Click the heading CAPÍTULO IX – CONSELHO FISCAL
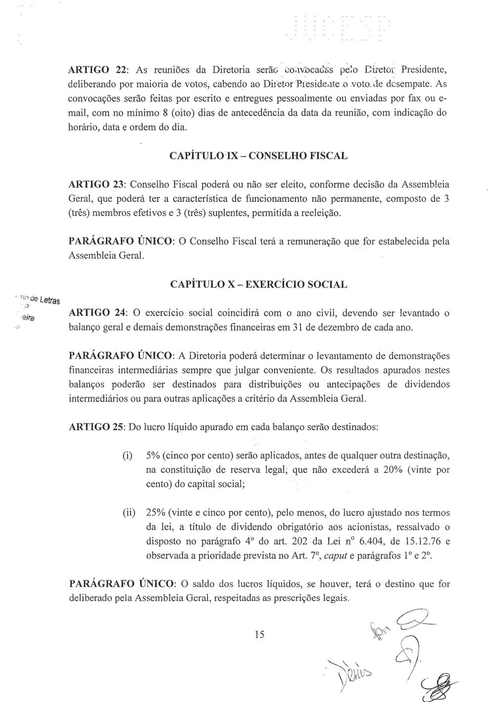[258, 156]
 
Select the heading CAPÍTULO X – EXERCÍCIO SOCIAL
[258, 285]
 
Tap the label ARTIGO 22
[96, 68]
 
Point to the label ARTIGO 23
[96, 185]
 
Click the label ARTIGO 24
[96, 313]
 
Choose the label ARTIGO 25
[96, 427]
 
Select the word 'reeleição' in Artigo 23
[323, 214]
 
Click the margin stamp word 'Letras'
[49, 300]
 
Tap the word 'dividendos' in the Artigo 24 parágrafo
[426, 384]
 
